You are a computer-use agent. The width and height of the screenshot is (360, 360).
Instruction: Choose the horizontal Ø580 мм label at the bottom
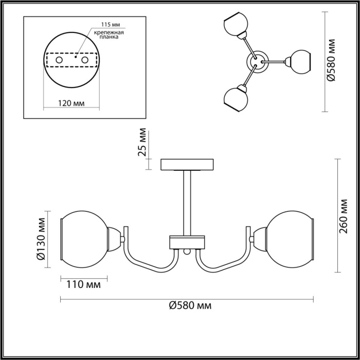click(x=190, y=305)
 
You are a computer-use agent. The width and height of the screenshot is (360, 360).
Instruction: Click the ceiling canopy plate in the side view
click(x=187, y=165)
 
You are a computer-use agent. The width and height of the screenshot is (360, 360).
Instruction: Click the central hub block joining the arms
click(x=187, y=242)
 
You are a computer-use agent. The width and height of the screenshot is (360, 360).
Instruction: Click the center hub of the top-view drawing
click(x=256, y=61)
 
